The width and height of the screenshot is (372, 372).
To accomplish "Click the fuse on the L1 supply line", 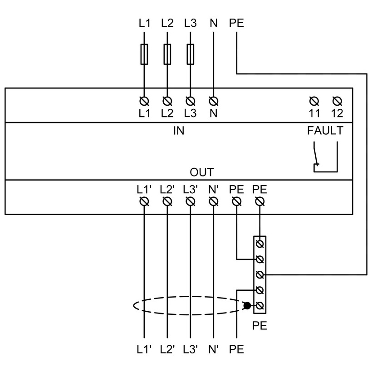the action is [x=144, y=54].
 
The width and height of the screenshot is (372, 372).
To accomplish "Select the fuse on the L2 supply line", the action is [x=167, y=54].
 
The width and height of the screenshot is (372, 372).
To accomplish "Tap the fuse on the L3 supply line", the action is [x=190, y=54].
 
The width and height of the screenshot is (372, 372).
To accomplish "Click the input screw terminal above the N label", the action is [x=214, y=101].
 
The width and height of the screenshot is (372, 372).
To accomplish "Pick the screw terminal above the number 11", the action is [x=314, y=101].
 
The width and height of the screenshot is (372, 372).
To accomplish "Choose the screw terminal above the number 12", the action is [x=337, y=101].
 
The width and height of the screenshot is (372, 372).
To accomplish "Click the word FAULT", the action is [x=325, y=131].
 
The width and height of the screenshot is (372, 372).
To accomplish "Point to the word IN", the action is [x=179, y=131].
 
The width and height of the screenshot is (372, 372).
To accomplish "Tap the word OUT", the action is [x=202, y=172].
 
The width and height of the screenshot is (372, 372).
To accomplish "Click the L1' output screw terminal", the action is [x=144, y=202].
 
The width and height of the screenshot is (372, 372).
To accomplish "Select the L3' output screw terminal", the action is [x=190, y=202].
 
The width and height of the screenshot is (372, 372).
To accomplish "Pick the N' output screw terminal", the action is [x=214, y=202].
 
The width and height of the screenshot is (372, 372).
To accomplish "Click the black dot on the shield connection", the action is [x=247, y=306].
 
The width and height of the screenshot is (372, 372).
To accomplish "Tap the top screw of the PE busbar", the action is [x=260, y=244].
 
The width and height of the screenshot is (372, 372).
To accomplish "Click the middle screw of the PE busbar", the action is [x=260, y=275].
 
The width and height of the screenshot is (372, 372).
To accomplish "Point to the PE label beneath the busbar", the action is [x=259, y=326].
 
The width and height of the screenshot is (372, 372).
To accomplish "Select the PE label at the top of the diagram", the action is [x=236, y=23].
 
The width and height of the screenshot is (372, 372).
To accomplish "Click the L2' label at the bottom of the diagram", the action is [x=167, y=349].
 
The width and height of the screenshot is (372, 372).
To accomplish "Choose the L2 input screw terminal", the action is [x=167, y=101].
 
